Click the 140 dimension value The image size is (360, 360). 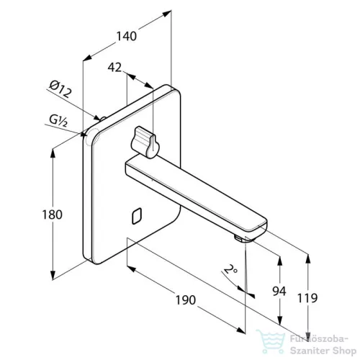coord(127,36)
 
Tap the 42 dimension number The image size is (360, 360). coord(114,68)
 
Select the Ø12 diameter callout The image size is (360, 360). coord(60,89)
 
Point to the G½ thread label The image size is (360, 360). coord(58,120)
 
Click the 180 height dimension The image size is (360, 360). coord(53,215)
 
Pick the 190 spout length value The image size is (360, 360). coord(186,300)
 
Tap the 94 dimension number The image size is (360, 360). coord(279,291)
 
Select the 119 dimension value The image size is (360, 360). coord(307,298)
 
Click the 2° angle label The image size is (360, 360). coord(230,269)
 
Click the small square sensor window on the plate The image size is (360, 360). coord(137,216)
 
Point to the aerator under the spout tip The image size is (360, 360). coord(238,238)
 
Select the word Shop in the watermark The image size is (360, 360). coord(343,351)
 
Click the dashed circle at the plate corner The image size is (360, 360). coord(92,137)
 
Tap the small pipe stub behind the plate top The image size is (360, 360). coord(103,119)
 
